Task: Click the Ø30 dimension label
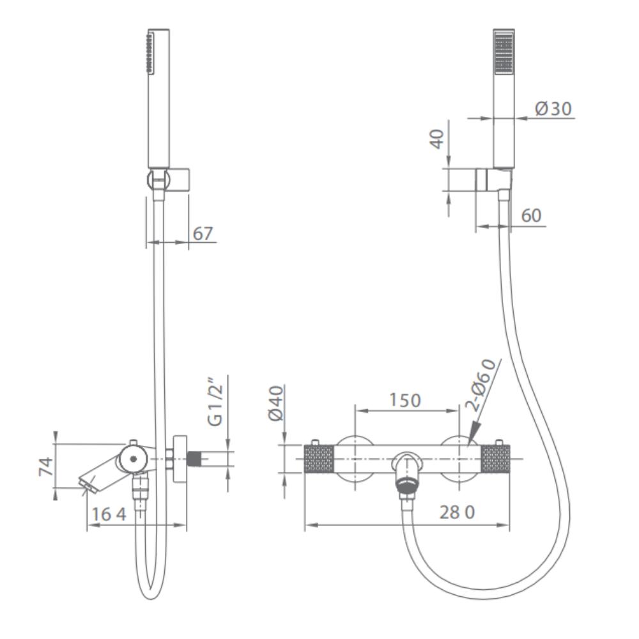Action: (x=553, y=109)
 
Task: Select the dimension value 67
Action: (x=203, y=233)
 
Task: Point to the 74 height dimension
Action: (x=45, y=466)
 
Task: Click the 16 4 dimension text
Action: (x=109, y=514)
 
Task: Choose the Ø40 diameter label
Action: (x=275, y=403)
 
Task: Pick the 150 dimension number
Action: (x=404, y=400)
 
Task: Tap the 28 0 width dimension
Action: (x=458, y=512)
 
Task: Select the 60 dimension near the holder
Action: (x=532, y=215)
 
